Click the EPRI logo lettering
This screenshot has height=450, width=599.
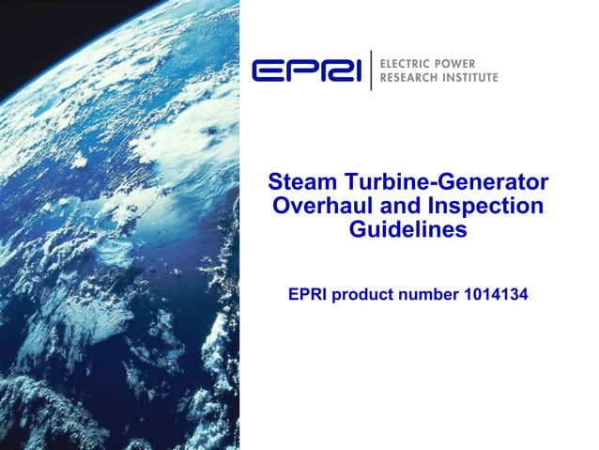[306, 70]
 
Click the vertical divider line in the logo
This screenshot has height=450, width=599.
[371, 70]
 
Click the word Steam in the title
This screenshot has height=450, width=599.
[296, 181]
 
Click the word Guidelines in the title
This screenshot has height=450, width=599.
[407, 228]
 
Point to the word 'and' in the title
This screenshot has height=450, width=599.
[393, 205]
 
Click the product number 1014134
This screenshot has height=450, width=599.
[496, 295]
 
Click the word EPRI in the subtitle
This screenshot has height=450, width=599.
[310, 295]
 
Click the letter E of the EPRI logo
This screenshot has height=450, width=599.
[267, 70]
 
